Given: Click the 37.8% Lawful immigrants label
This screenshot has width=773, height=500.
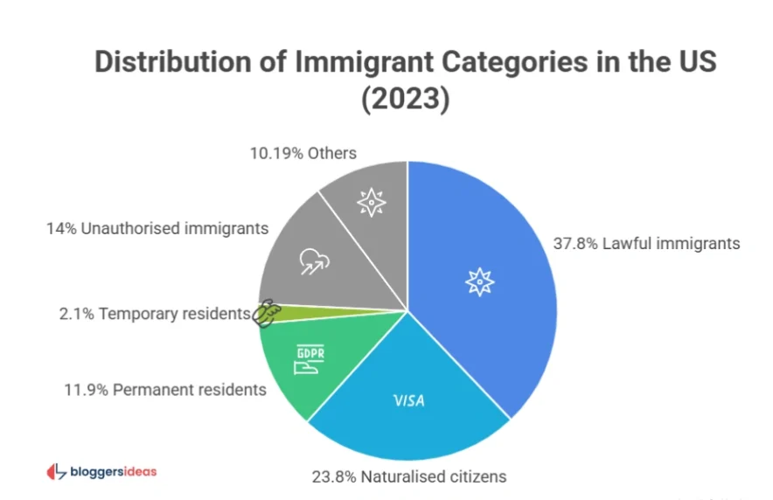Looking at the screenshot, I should click(x=646, y=243).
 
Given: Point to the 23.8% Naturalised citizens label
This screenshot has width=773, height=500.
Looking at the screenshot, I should click(x=408, y=476).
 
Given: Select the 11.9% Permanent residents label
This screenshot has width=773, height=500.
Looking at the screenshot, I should click(x=164, y=389).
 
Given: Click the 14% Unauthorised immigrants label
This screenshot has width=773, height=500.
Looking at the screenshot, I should click(x=156, y=229).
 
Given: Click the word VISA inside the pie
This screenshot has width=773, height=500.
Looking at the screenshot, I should click(x=409, y=402).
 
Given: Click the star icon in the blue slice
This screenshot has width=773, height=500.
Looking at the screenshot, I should click(x=479, y=281).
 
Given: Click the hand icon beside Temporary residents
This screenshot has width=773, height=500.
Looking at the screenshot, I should click(x=265, y=312).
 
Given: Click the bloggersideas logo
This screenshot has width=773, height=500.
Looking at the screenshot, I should click(x=101, y=471).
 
